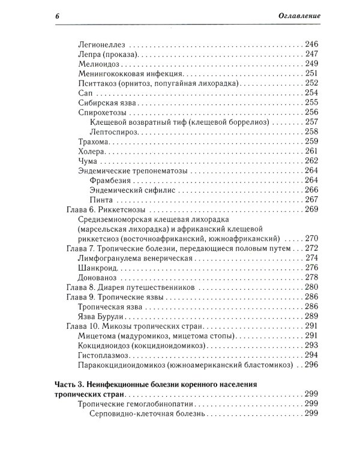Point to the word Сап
pyautogui.click(x=85, y=93)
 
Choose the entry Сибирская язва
pyautogui.click(x=106, y=103)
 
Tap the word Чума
pyautogui.click(x=88, y=161)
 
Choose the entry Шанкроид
pyautogui.click(x=97, y=268)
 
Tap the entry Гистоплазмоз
pyautogui.click(x=104, y=355)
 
